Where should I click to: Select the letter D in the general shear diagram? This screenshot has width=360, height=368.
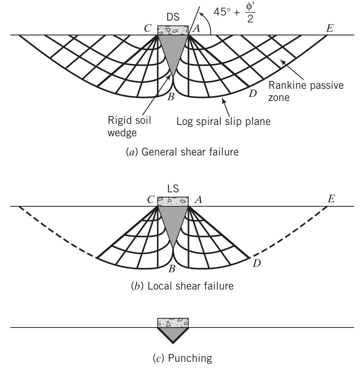click(x=252, y=94)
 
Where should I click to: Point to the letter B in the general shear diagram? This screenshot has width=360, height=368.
click(x=170, y=98)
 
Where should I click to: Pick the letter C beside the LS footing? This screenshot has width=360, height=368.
click(x=150, y=200)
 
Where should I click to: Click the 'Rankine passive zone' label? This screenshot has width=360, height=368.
click(x=306, y=91)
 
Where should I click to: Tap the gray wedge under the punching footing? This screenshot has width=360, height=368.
click(x=173, y=333)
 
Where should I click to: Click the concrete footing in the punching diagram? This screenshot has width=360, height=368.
click(x=173, y=323)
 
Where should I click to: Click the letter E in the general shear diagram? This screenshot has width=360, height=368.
click(x=329, y=28)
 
